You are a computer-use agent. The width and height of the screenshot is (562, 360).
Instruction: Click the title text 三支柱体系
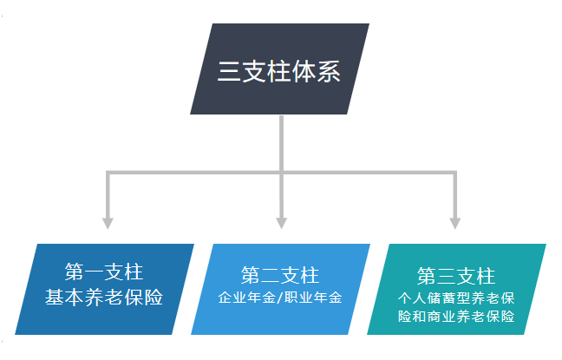coord(279,70)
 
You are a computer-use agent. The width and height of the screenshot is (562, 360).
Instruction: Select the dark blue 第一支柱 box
coord(104,288)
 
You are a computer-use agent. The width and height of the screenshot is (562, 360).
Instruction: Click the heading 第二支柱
coord(280,275)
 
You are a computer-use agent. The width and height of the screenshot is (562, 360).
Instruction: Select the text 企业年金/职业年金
coord(280,298)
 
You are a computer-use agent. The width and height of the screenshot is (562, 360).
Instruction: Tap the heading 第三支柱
coord(456,276)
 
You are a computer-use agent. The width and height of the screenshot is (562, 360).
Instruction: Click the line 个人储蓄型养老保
coord(456,298)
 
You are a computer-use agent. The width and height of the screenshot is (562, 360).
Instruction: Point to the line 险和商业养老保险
coord(456,317)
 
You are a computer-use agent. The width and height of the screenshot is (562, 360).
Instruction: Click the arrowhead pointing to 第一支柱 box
coord(108,222)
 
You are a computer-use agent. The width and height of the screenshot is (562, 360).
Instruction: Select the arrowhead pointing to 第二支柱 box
coord(281,222)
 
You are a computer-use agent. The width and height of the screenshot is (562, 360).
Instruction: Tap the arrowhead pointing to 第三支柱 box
coord(454,222)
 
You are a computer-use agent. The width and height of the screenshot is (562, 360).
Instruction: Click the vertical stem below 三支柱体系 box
coord(281,143)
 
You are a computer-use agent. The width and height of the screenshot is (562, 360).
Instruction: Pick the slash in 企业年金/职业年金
coord(281,298)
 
